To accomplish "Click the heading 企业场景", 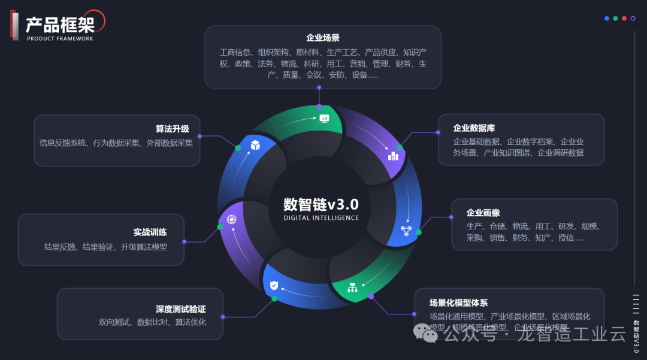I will pyautogui.click(x=323, y=38).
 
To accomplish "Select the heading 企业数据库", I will pyautogui.click(x=474, y=128).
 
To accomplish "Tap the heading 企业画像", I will pyautogui.click(x=483, y=213).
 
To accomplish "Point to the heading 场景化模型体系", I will pyautogui.click(x=458, y=302).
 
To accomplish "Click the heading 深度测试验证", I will pyautogui.click(x=180, y=309).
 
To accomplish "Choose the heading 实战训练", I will pyautogui.click(x=150, y=232).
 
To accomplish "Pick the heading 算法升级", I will pyautogui.click(x=172, y=129).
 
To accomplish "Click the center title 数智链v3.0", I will pyautogui.click(x=321, y=204).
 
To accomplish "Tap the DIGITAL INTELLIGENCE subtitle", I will pyautogui.click(x=321, y=218).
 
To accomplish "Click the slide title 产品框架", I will pyautogui.click(x=60, y=25).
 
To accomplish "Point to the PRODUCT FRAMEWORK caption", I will pyautogui.click(x=60, y=38).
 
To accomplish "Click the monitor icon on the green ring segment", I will pyautogui.click(x=324, y=118).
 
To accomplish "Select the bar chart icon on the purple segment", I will pyautogui.click(x=393, y=156).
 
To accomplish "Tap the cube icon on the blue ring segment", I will pyautogui.click(x=255, y=144).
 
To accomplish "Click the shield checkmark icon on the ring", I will pyautogui.click(x=274, y=285).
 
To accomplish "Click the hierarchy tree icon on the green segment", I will pyautogui.click(x=352, y=288).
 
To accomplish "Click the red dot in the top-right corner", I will pyautogui.click(x=624, y=19).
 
